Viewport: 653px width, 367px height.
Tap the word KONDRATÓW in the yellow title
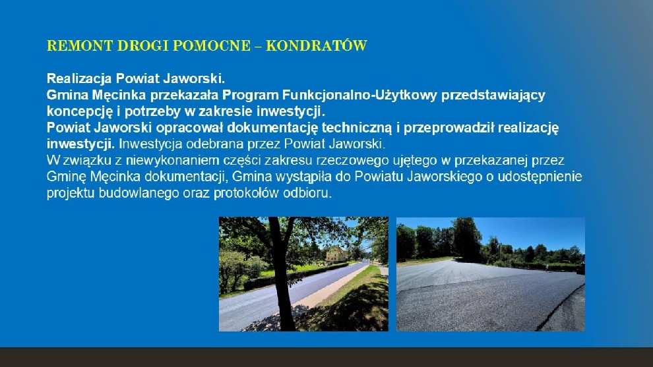click(x=317, y=45)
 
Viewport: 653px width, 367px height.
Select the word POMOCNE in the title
click(x=212, y=45)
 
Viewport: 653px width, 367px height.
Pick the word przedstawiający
click(x=493, y=96)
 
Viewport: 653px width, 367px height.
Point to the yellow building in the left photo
click(x=336, y=254)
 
